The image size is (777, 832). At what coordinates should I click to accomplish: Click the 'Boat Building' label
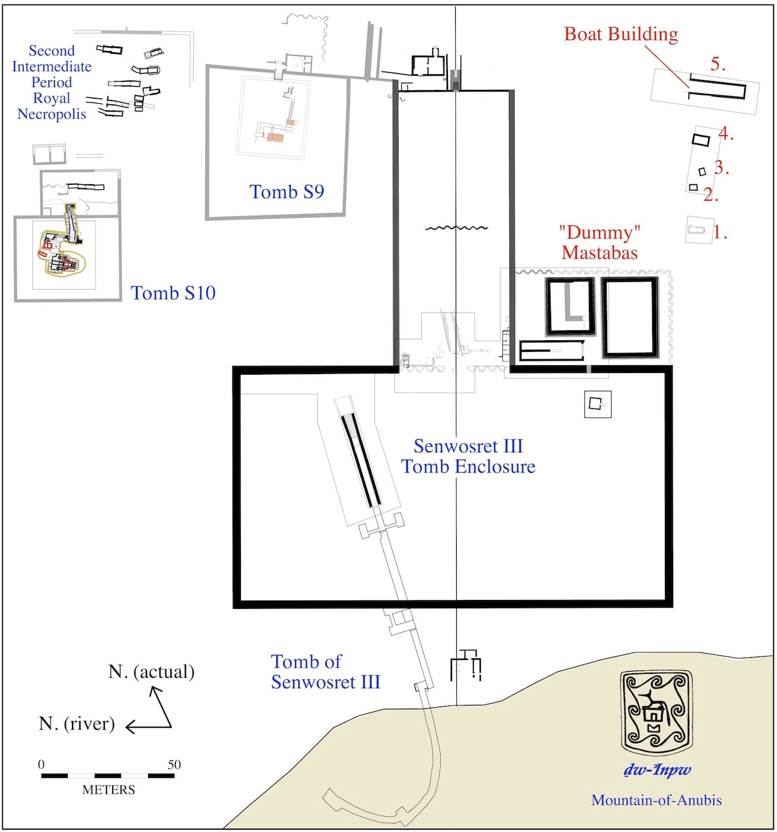(620, 34)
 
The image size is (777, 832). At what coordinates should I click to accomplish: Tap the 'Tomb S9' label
(286, 191)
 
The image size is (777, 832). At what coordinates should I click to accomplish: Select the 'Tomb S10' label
(173, 293)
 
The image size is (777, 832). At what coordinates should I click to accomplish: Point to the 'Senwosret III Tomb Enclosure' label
(468, 456)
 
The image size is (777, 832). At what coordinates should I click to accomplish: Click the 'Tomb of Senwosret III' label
(325, 672)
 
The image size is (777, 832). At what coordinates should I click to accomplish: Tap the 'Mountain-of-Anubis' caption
(656, 800)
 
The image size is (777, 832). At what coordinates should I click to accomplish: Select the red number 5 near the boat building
(717, 64)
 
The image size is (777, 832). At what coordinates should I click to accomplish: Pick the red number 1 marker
(719, 232)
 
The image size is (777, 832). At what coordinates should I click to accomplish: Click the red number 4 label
(725, 134)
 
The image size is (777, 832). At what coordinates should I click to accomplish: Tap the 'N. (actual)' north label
(151, 672)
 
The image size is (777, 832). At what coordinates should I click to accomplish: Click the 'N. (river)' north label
(77, 723)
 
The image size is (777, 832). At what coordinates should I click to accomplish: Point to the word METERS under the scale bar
(108, 789)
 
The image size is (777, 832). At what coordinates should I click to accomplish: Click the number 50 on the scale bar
(174, 764)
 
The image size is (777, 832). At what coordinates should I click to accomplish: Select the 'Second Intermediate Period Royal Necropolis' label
(52, 82)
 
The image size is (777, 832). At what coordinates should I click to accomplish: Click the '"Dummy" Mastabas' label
(599, 242)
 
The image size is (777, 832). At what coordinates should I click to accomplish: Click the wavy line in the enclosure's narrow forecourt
(456, 228)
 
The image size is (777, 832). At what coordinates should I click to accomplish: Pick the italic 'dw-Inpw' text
(657, 770)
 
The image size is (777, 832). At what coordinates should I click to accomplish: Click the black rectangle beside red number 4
(701, 139)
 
